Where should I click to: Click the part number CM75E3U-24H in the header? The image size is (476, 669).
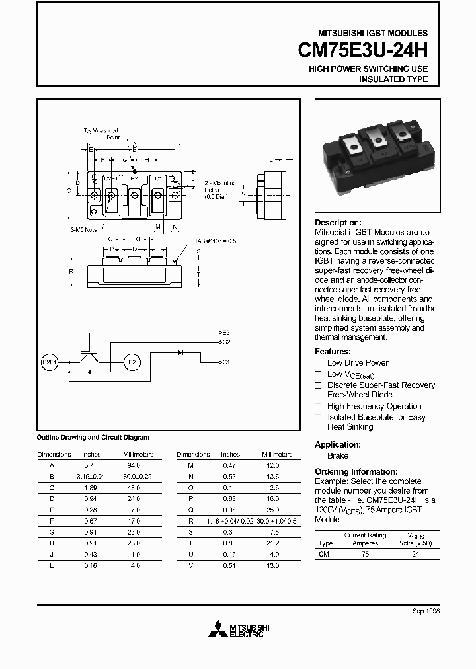(356, 50)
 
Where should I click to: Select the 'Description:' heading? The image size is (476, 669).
(338, 223)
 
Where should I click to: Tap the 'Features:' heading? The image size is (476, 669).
(333, 352)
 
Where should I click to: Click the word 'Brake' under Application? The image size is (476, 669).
(338, 456)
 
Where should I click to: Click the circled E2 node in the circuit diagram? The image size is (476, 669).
(132, 362)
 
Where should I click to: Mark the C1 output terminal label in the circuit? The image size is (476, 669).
(225, 362)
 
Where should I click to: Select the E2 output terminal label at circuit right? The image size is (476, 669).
(225, 332)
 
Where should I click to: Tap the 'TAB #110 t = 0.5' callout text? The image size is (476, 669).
(215, 241)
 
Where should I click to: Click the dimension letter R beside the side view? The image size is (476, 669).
(71, 271)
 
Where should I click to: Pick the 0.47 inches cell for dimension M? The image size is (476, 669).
(230, 465)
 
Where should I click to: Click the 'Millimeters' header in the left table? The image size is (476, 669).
(138, 455)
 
